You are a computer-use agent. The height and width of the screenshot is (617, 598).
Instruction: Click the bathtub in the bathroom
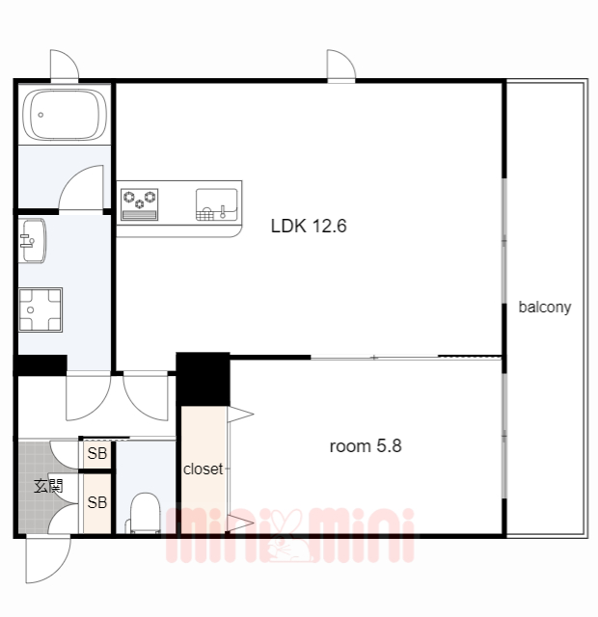[x=65, y=115]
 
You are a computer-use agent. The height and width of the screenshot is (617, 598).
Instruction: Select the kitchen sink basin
[x=216, y=204]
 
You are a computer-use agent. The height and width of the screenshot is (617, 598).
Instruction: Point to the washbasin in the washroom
[x=32, y=240]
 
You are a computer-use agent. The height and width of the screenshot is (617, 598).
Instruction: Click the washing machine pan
[x=41, y=309]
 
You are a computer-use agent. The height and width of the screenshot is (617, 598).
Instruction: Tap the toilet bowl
[x=145, y=513]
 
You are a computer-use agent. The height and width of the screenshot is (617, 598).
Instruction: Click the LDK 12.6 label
[x=309, y=226]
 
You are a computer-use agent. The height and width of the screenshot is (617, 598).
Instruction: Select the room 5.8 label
[x=366, y=446]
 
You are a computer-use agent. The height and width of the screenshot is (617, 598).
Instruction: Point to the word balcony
[x=544, y=307]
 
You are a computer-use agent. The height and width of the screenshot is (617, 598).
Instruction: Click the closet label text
[x=204, y=469]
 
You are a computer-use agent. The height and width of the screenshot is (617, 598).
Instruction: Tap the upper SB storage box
[x=96, y=454]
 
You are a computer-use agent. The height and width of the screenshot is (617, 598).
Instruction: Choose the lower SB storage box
[x=96, y=502]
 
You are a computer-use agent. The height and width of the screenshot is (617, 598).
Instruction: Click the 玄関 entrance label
[x=48, y=486]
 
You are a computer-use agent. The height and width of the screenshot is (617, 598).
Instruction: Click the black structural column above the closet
[x=203, y=379]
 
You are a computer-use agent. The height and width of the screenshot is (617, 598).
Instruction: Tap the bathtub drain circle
[x=41, y=115]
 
